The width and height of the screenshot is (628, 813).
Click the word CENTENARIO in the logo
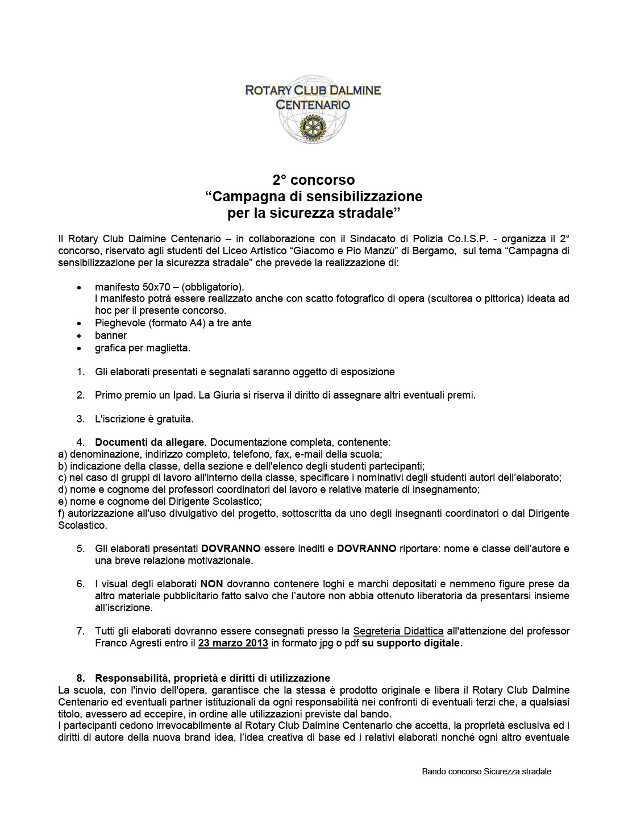click(313, 105)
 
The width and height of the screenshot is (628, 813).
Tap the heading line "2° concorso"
click(314, 180)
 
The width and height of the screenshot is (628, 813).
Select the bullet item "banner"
click(111, 335)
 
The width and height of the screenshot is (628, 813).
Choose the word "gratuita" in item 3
click(173, 419)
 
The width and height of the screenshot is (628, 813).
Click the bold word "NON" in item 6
click(211, 584)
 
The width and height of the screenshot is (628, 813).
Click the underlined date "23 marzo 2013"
click(233, 644)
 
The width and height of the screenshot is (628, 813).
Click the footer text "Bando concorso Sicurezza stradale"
click(486, 771)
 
